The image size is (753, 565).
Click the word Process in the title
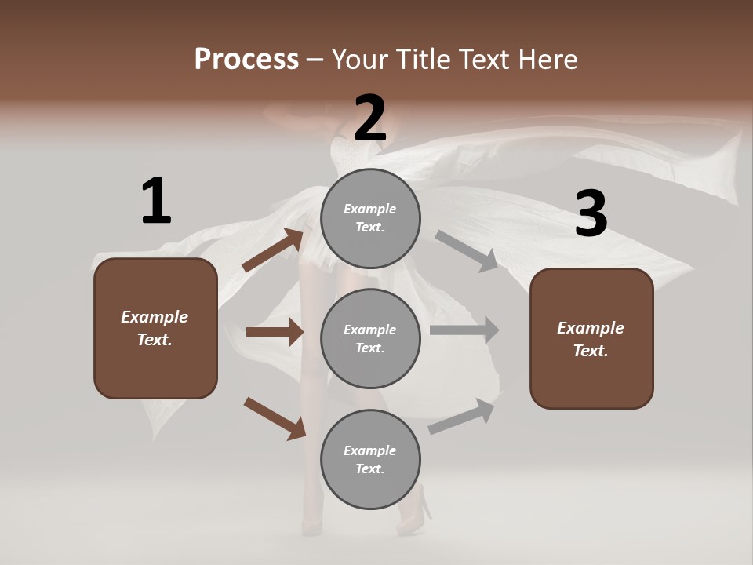(x=246, y=59)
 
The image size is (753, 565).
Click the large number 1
(x=156, y=202)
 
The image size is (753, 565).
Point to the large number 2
(x=370, y=118)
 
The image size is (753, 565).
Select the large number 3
(x=591, y=214)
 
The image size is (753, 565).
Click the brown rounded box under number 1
(x=155, y=328)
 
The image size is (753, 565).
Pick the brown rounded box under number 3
(x=591, y=338)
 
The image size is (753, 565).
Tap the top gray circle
(x=370, y=218)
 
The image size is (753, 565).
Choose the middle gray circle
(x=370, y=338)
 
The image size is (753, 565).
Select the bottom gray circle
(x=370, y=459)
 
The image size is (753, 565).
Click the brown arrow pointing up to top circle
(x=273, y=250)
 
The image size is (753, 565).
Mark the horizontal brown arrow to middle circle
(x=275, y=332)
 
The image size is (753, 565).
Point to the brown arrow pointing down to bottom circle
(x=275, y=418)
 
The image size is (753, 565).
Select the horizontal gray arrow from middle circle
(x=464, y=330)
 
